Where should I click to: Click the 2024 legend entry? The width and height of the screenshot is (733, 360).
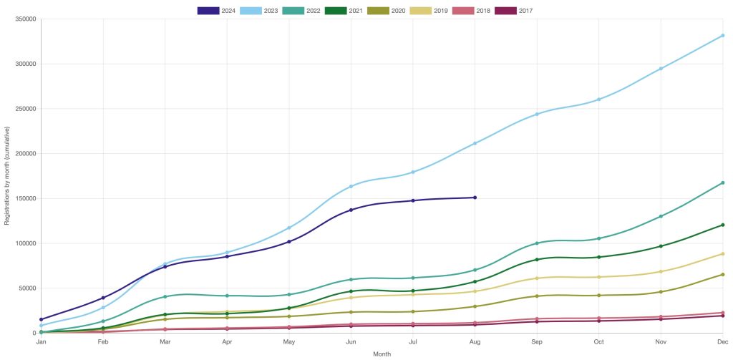(x=217, y=11)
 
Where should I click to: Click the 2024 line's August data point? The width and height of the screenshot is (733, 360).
(x=475, y=198)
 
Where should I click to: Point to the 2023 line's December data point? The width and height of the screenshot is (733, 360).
(x=722, y=35)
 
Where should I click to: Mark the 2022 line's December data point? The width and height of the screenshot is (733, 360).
(x=722, y=183)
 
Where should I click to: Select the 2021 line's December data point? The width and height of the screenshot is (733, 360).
(x=722, y=225)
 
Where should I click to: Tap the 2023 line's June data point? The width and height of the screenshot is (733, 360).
(x=351, y=186)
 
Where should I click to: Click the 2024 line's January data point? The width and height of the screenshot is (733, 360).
(x=42, y=319)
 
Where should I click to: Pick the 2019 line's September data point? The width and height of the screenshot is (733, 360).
(x=537, y=278)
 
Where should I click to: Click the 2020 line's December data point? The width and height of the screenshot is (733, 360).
(x=722, y=274)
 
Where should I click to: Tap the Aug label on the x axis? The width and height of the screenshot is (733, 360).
(x=475, y=343)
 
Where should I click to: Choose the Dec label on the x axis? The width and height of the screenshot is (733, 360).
(x=722, y=343)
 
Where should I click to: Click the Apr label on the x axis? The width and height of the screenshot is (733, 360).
(x=227, y=343)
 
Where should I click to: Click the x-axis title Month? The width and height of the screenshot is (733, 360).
(x=382, y=354)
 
